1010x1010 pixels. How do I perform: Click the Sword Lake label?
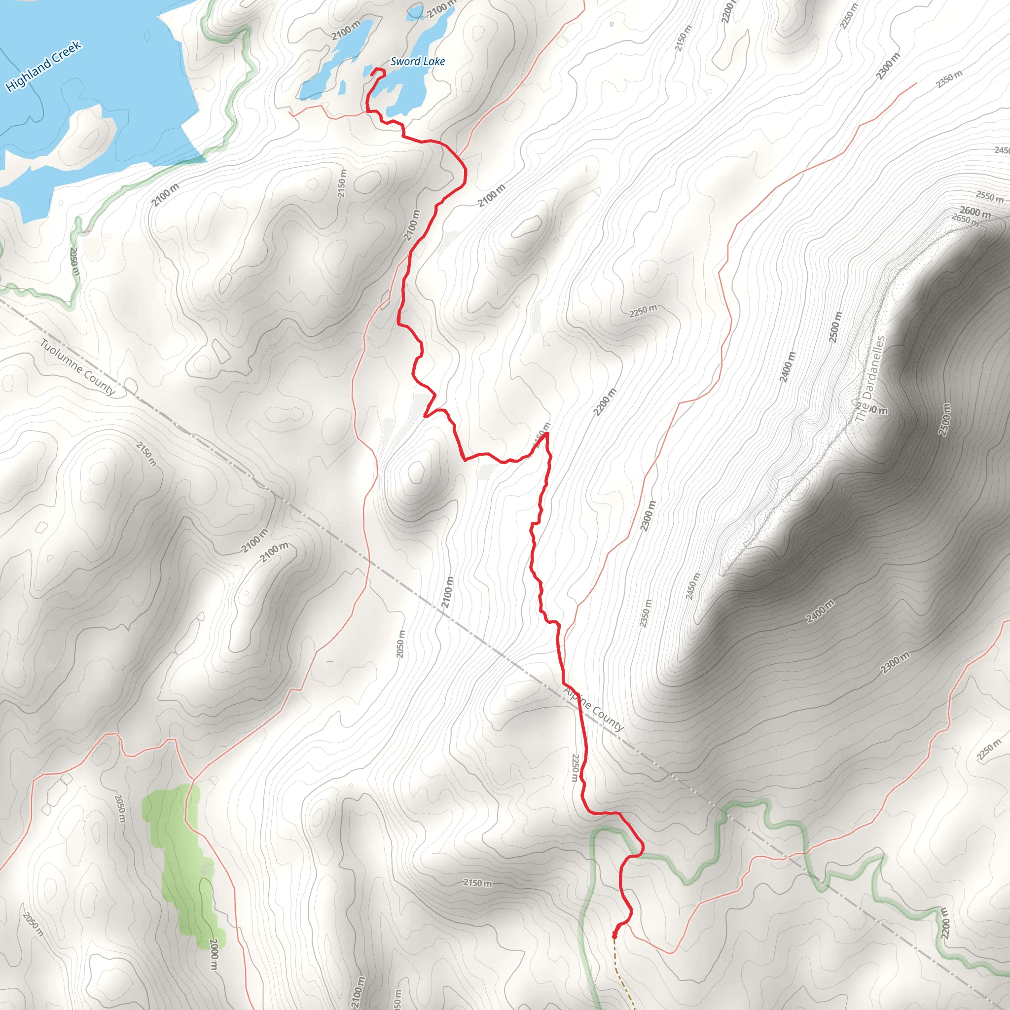tap(418, 61)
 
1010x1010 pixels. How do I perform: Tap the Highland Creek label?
tap(44, 66)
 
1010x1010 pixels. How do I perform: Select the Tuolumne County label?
tap(78, 367)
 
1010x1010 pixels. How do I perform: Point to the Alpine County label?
tap(593, 709)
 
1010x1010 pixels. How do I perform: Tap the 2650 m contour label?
tap(965, 219)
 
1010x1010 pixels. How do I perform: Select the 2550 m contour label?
tap(990, 197)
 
